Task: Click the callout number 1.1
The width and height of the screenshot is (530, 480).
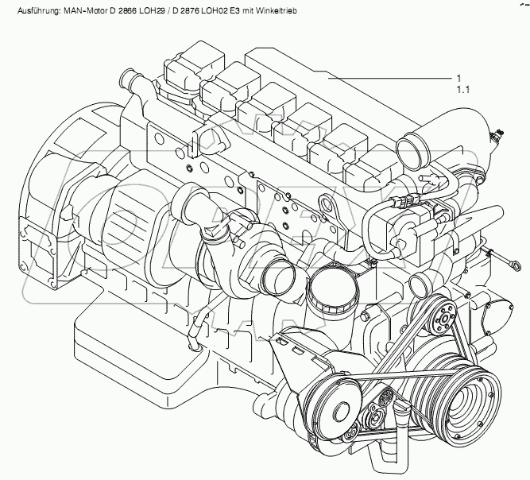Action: [x=463, y=90]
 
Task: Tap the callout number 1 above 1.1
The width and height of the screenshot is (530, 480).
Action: [x=458, y=79]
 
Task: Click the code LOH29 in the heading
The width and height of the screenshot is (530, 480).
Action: [x=154, y=11]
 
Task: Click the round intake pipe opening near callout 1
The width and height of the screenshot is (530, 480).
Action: [x=412, y=151]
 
